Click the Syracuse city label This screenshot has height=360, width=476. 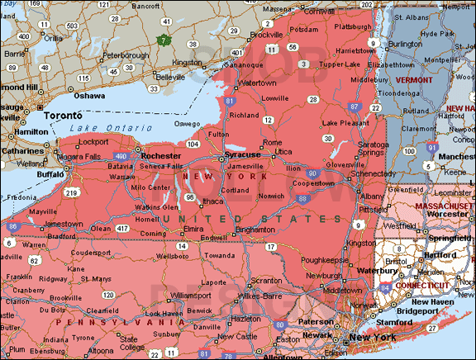244,154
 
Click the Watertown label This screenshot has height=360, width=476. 256,83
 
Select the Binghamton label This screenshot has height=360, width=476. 255,229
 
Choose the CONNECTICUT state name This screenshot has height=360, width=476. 422,285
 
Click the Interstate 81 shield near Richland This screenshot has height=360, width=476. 228,101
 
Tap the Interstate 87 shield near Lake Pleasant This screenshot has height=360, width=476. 354,107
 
